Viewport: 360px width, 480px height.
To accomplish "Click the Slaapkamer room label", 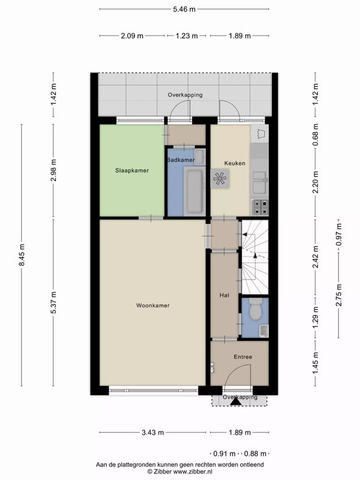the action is coord(132,170).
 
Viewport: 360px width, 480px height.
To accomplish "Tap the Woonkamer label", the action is coord(153,305).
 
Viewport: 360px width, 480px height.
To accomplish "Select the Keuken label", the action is coord(235,163).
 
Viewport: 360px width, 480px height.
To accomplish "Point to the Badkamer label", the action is coord(181,160).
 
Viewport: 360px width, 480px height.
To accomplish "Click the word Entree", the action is coord(243,356).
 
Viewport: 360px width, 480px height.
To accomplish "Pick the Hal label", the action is coord(224,295).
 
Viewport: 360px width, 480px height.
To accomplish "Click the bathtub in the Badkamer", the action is coord(194,190).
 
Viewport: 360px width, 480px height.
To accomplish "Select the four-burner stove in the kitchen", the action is coord(260,207).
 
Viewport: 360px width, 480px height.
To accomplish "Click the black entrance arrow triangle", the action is coord(236,402).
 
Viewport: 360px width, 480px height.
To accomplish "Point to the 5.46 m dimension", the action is coord(184,9).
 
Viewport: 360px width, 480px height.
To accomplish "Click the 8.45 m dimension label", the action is coord(22,254).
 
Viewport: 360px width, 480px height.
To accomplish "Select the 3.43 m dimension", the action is coord(153,432).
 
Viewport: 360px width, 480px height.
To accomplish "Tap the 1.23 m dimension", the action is coord(187,36).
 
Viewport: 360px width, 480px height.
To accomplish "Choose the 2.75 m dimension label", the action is coord(338,295).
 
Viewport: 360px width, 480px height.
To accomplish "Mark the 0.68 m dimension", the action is coord(316,134).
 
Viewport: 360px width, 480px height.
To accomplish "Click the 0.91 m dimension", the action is coord(224,454).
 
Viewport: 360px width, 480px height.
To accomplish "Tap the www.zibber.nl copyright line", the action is coord(180,472).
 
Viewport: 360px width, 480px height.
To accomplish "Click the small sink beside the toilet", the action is coord(264,331).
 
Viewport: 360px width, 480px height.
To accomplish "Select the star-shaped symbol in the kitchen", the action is coord(220,179).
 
